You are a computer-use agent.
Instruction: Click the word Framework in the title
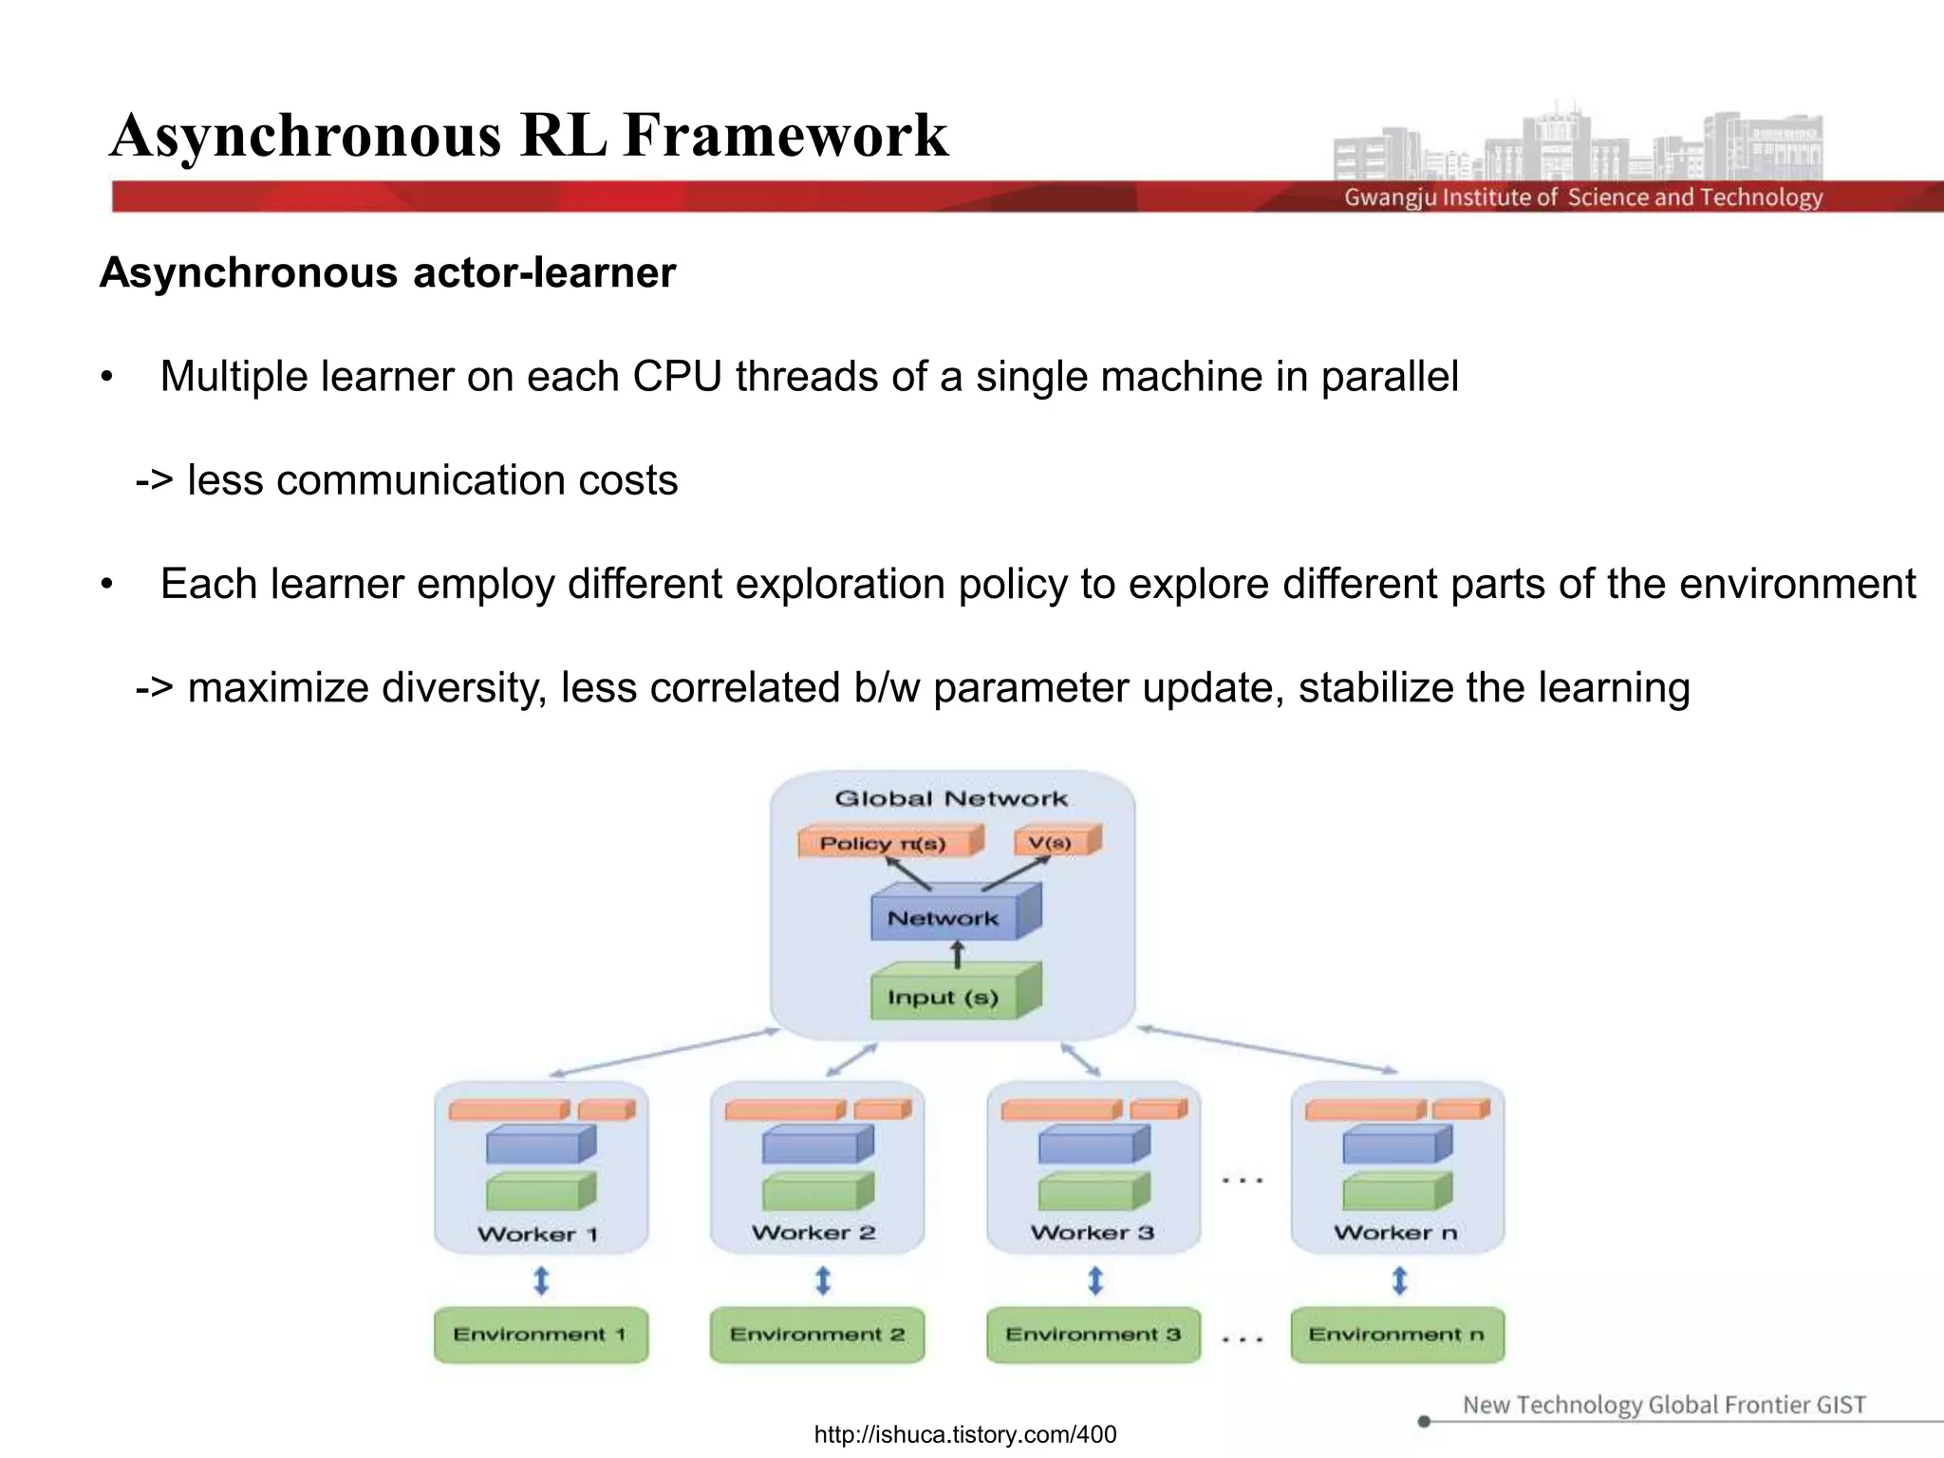pyautogui.click(x=786, y=135)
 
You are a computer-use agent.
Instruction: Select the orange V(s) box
pyautogui.click(x=1054, y=842)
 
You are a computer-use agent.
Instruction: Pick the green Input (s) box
pyautogui.click(x=949, y=995)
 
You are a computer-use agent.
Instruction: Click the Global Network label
pyautogui.click(x=951, y=798)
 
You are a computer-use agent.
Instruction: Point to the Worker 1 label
pyautogui.click(x=538, y=1234)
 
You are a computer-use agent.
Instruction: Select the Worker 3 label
pyautogui.click(x=1093, y=1232)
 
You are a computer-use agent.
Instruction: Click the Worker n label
pyautogui.click(x=1395, y=1232)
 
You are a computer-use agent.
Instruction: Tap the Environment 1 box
pyautogui.click(x=540, y=1335)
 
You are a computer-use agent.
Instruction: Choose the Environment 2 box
pyautogui.click(x=817, y=1335)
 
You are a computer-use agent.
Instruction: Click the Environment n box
pyautogui.click(x=1396, y=1335)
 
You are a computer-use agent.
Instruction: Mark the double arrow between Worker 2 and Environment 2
pyautogui.click(x=823, y=1281)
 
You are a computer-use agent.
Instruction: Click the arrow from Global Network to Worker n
pyautogui.click(x=1268, y=1050)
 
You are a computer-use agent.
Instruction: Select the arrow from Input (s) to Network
pyautogui.click(x=958, y=954)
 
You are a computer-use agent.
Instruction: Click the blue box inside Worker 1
pyautogui.click(x=538, y=1146)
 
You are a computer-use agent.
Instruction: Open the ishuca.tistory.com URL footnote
pyautogui.click(x=965, y=1434)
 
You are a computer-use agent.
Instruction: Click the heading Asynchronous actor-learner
pyautogui.click(x=387, y=273)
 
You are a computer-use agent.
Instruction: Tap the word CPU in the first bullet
pyautogui.click(x=679, y=377)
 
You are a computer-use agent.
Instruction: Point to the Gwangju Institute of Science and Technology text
pyautogui.click(x=1582, y=197)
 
